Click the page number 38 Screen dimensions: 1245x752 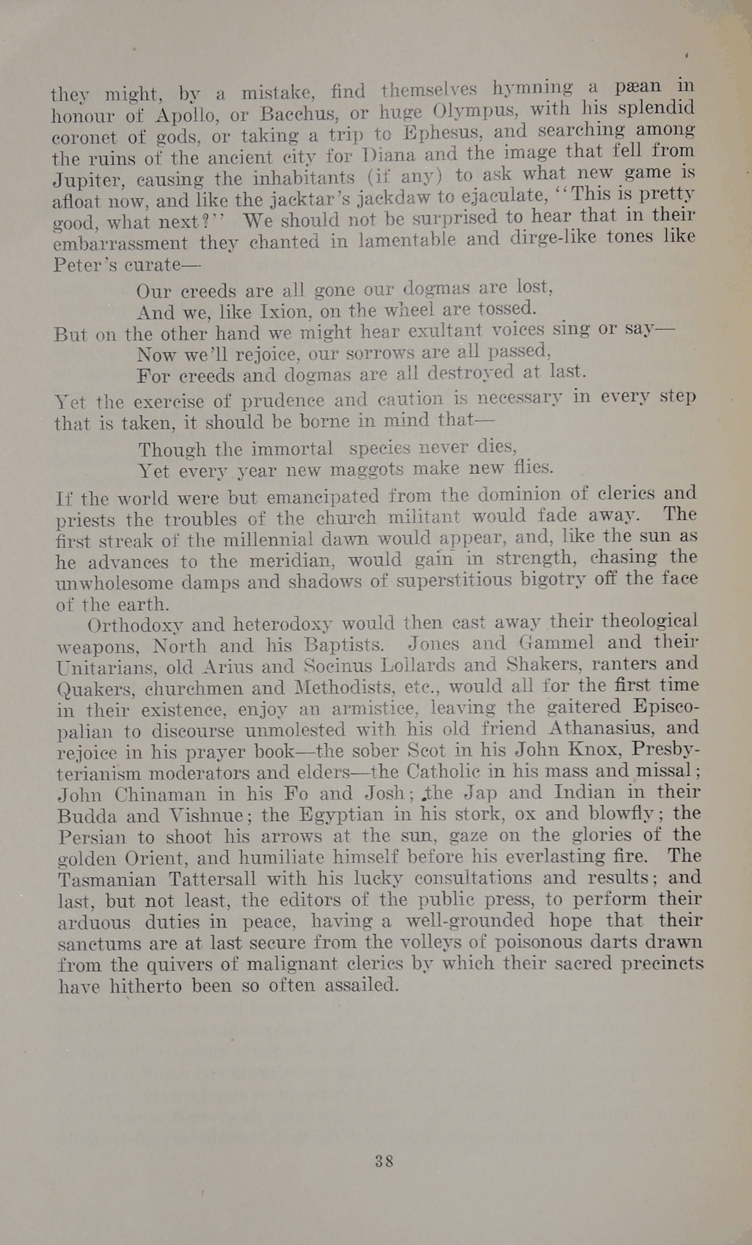384,1161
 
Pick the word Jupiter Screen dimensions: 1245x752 81,180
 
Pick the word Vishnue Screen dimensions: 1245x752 206,815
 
